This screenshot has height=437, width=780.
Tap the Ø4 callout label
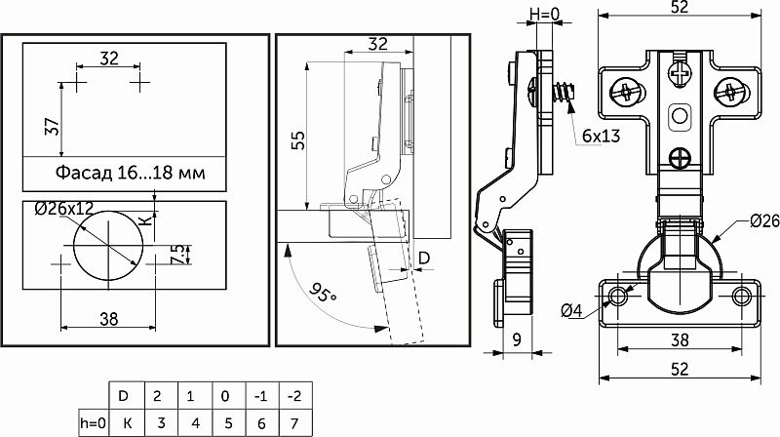coord(572,311)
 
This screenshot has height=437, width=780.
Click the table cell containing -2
coord(294,395)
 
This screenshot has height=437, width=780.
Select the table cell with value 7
coord(294,422)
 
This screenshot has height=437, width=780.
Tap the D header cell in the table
coord(123,395)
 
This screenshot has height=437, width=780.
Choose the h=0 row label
coord(88,422)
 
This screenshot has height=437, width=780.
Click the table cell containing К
coord(123,422)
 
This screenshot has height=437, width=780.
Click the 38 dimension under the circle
coord(108,316)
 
